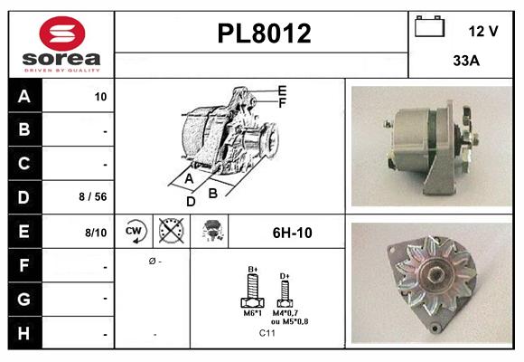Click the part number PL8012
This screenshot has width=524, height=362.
click(264, 33)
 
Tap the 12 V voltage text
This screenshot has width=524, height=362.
click(483, 31)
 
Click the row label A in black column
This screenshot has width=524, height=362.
click(23, 96)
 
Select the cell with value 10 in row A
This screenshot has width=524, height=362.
click(100, 96)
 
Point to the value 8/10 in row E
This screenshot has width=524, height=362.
click(95, 233)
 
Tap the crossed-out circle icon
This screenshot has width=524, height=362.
click(170, 232)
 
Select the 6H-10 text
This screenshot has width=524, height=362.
click(292, 233)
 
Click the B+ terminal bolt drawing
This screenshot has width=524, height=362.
click(254, 291)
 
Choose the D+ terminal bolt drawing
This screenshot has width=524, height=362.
click(285, 291)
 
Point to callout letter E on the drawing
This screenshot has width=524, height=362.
click(283, 90)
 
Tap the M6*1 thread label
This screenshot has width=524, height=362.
click(254, 313)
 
